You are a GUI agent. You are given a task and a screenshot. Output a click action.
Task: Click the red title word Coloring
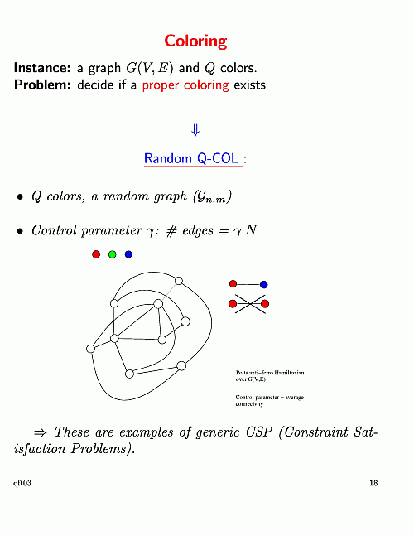point(195,41)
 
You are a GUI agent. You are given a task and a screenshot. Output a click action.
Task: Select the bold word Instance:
point(42,68)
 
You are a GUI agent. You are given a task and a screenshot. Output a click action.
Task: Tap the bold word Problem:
point(42,85)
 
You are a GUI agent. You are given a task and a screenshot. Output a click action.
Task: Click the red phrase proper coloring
point(185,85)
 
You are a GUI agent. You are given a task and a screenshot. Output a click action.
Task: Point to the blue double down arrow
point(195,130)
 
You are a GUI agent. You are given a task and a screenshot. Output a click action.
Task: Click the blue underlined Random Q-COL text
point(191,158)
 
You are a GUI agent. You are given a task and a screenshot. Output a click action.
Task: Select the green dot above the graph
point(113,254)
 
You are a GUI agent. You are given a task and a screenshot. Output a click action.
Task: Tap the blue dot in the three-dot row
point(128,254)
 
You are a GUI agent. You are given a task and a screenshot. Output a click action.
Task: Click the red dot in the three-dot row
point(96,254)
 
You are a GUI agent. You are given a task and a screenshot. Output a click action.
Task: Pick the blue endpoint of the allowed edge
point(263,284)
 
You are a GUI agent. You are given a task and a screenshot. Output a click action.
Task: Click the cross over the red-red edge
point(250,304)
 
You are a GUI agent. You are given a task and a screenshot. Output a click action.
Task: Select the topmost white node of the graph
point(179,281)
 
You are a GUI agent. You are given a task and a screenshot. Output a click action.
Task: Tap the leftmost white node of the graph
point(90,349)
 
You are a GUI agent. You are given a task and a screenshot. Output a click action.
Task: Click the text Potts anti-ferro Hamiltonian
point(270,373)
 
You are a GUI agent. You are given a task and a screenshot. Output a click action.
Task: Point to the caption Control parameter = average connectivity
point(269,401)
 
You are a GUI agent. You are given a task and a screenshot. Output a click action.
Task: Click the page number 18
point(373,483)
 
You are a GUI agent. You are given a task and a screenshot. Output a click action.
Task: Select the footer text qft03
point(22,483)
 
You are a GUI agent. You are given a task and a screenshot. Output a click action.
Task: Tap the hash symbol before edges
point(171,231)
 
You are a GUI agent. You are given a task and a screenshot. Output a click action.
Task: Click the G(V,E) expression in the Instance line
point(150,68)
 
